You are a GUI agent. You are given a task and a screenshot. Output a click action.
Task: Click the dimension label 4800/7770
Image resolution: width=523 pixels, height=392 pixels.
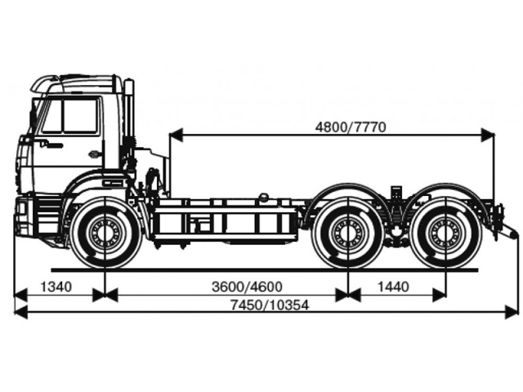(351, 127)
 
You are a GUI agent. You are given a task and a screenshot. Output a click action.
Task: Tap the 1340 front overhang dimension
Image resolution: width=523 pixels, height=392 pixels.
(56, 287)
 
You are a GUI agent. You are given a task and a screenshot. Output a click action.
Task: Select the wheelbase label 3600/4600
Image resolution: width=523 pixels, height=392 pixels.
(247, 287)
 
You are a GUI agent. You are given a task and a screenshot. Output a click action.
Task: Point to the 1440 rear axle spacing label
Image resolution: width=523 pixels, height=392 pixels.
(393, 287)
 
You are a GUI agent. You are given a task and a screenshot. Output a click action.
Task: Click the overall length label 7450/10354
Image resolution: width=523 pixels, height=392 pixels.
(270, 305)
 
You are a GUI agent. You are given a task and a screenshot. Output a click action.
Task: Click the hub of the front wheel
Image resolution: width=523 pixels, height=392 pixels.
(105, 232)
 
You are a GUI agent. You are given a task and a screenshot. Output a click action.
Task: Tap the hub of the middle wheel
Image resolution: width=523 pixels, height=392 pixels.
(347, 232)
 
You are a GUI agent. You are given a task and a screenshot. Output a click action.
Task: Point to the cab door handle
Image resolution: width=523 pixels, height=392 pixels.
(94, 154)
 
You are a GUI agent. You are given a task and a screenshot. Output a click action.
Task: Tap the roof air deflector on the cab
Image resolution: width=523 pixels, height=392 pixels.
(45, 84)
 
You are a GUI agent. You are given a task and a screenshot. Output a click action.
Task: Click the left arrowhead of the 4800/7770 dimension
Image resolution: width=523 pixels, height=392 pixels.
(176, 135)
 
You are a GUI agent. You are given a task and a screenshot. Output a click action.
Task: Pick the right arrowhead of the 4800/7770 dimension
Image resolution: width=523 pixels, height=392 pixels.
(488, 135)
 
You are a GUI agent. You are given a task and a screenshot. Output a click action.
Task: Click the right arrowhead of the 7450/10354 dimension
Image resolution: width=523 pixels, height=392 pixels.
(512, 312)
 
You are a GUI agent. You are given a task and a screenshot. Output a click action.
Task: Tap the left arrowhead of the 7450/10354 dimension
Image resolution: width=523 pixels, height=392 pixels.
(20, 312)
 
